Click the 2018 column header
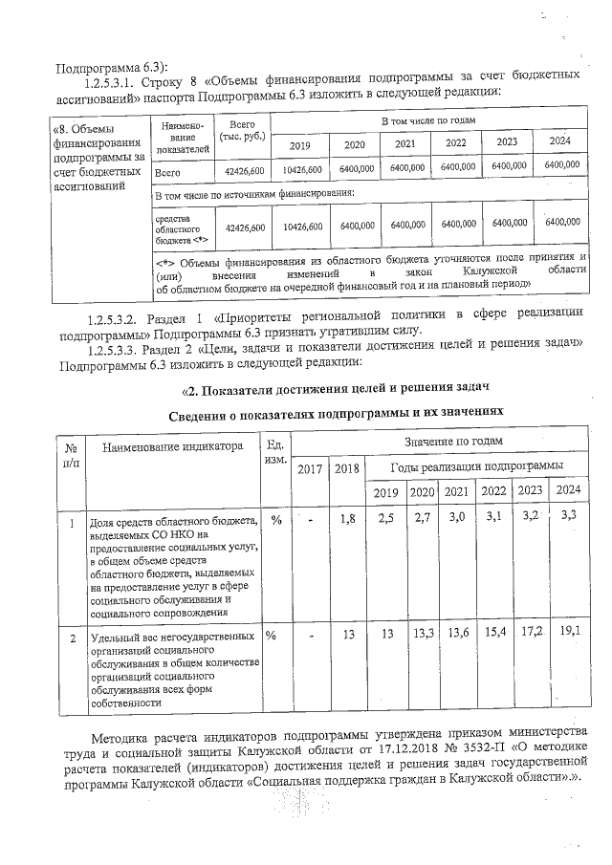(345, 468)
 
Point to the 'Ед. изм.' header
(275, 452)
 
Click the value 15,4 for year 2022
(494, 633)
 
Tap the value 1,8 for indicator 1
(347, 518)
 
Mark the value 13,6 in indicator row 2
(458, 633)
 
